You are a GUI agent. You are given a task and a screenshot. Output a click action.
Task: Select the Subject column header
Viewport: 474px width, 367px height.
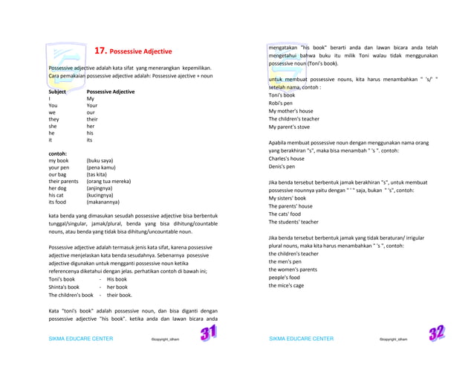click(x=58, y=92)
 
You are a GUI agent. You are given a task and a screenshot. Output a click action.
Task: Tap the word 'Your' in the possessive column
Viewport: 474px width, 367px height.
click(x=92, y=106)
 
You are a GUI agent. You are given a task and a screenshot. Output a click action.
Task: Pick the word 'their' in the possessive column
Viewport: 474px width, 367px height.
click(x=92, y=119)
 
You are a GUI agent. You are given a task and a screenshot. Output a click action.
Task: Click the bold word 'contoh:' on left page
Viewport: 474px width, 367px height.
click(x=58, y=153)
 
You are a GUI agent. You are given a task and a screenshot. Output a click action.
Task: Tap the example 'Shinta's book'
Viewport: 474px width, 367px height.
click(x=64, y=287)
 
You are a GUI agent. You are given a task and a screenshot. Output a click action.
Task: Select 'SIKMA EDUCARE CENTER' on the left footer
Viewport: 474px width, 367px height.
click(x=81, y=339)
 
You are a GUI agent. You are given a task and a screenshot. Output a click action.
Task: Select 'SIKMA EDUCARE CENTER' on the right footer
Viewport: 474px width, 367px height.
click(x=301, y=339)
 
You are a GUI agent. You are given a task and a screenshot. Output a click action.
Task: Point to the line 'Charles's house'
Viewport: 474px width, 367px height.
click(x=287, y=159)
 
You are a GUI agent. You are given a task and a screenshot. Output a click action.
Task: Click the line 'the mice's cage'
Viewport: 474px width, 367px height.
click(x=286, y=285)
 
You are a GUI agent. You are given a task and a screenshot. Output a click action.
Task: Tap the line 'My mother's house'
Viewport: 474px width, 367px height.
click(x=291, y=111)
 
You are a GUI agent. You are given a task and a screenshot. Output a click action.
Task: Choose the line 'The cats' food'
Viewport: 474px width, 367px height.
click(x=286, y=214)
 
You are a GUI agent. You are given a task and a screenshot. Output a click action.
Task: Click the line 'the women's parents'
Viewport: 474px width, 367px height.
click(x=293, y=269)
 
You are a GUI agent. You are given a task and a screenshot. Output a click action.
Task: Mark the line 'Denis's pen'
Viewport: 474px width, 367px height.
click(x=283, y=166)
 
